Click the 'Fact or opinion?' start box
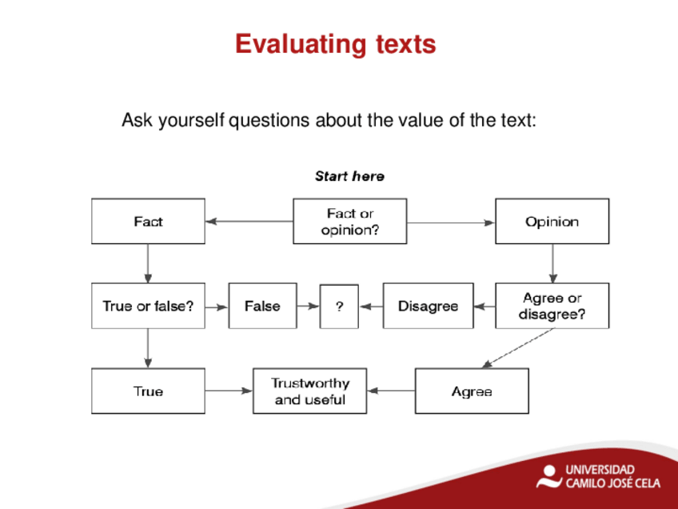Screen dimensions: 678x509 tap(350, 221)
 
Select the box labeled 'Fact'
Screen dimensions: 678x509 tap(149, 221)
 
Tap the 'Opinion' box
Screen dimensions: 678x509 tap(552, 221)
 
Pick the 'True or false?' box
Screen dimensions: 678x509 tap(149, 306)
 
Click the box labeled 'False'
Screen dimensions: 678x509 tap(262, 306)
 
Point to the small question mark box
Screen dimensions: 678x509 tap(339, 307)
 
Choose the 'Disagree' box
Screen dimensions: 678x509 tap(428, 306)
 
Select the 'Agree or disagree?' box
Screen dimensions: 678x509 tap(552, 306)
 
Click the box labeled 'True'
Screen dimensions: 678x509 tap(149, 391)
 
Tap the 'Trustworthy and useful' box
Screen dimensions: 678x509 tap(309, 391)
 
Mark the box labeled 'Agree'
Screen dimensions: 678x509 tap(472, 391)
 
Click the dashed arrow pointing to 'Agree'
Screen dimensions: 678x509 tap(517, 348)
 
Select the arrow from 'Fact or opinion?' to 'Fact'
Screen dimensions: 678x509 tap(249, 221)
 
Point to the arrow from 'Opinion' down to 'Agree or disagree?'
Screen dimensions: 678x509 tap(552, 263)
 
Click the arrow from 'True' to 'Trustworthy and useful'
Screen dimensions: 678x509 tap(229, 391)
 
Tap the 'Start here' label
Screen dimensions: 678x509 tap(349, 176)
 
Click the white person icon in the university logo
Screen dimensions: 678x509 tap(549, 476)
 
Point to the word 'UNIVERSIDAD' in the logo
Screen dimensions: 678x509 tap(600, 470)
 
